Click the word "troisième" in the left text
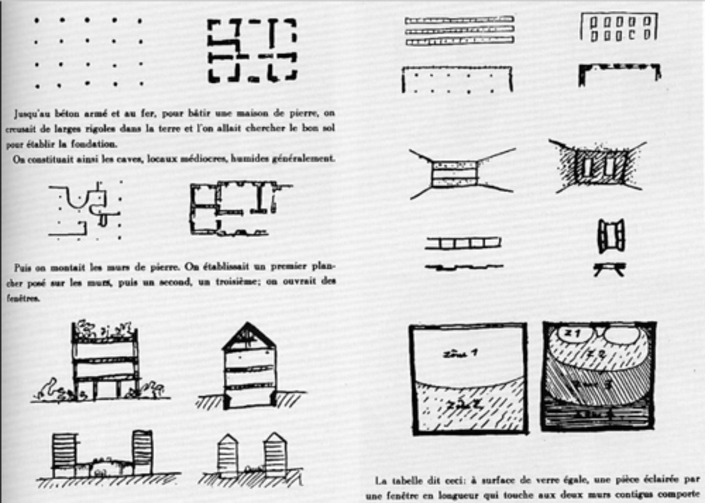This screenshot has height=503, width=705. (239, 282)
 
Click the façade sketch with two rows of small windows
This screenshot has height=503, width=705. (618, 27)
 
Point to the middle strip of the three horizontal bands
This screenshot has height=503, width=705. (459, 31)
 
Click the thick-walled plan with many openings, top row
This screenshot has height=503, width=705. (252, 50)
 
